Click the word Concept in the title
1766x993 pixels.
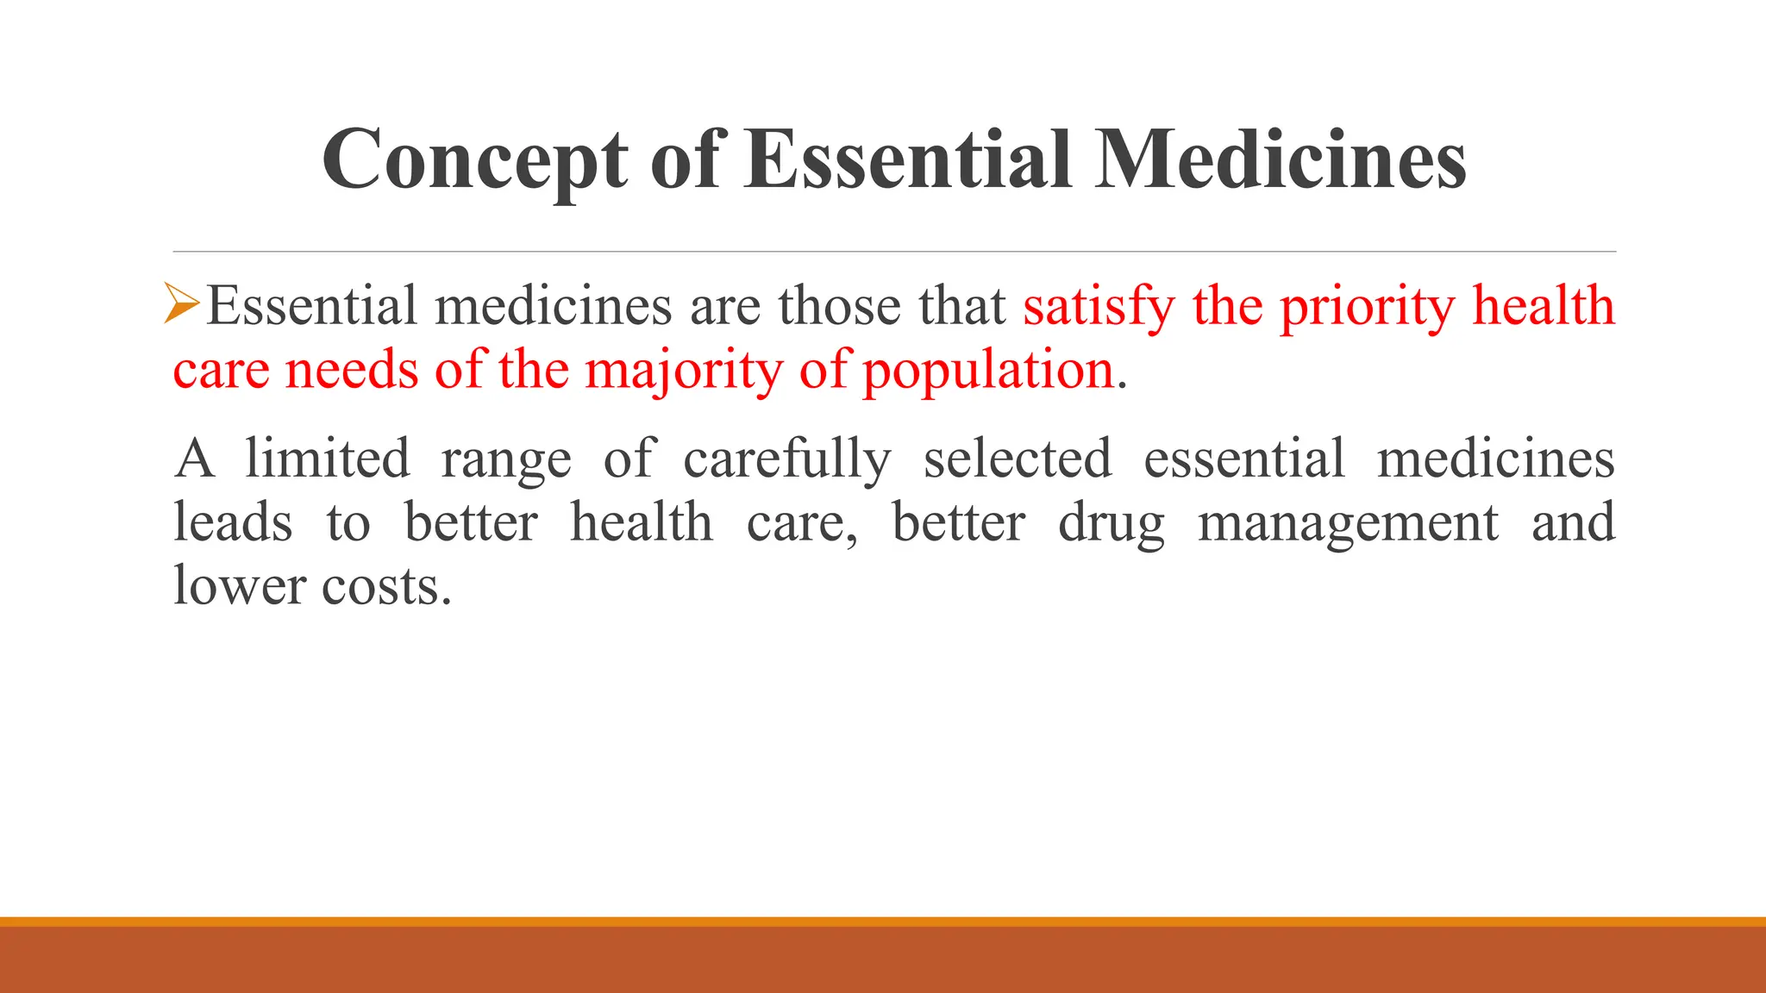coord(475,160)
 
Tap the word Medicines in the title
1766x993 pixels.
coord(1281,160)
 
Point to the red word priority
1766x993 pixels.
coord(1367,307)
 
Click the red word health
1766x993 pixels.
coord(1543,305)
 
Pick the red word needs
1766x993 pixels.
coord(351,370)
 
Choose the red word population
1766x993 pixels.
coord(988,372)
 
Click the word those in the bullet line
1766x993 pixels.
coord(838,305)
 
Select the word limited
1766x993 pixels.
coord(328,458)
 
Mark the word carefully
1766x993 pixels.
coord(787,459)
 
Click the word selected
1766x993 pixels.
coord(1018,458)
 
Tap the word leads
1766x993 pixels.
coord(233,522)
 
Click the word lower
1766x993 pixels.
coord(240,586)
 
